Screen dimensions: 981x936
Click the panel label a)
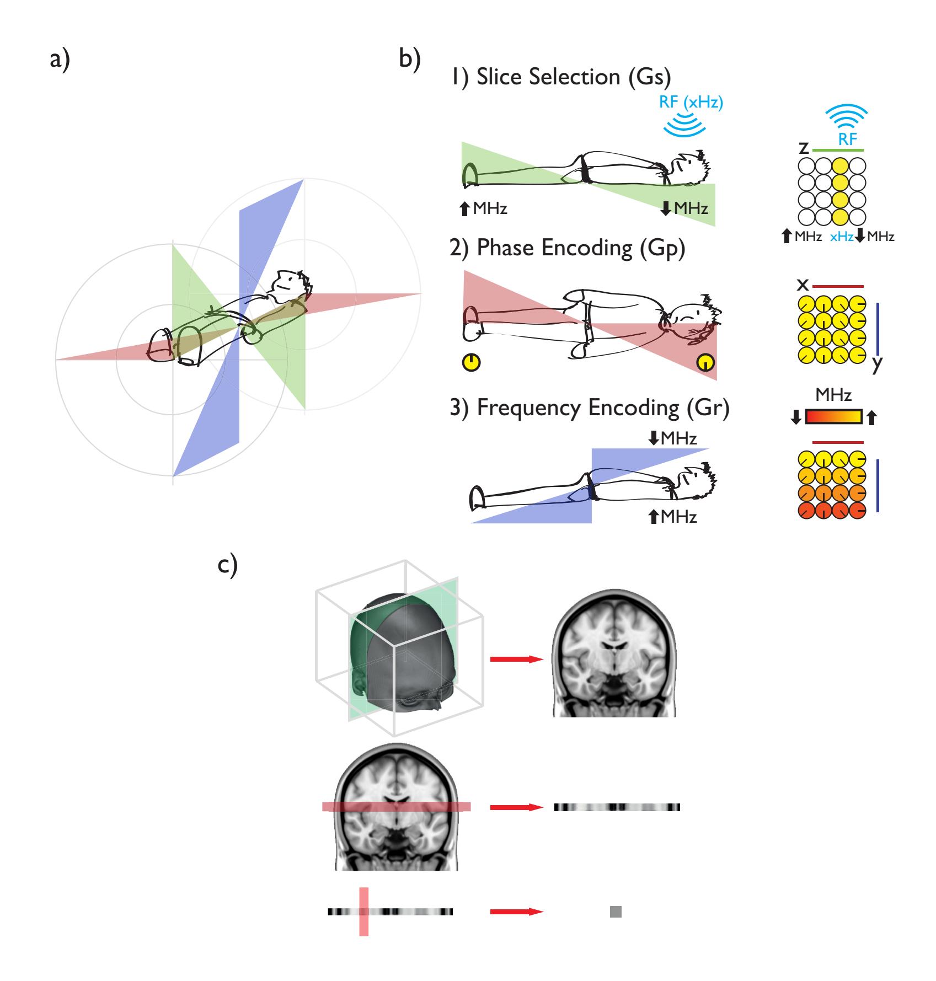click(x=60, y=60)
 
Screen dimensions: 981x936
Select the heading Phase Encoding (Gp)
click(x=568, y=248)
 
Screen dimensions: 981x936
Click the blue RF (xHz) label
click(x=691, y=103)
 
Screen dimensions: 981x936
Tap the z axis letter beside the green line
click(x=804, y=148)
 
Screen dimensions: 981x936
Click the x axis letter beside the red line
click(x=803, y=285)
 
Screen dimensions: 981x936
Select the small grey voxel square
click(x=616, y=912)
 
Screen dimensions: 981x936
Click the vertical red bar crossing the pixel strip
click(x=364, y=912)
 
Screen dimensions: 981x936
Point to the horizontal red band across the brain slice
click(x=396, y=807)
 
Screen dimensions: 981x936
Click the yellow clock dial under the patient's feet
click(x=471, y=362)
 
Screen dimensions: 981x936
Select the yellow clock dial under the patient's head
click(x=705, y=362)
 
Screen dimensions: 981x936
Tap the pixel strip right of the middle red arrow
click(x=617, y=807)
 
